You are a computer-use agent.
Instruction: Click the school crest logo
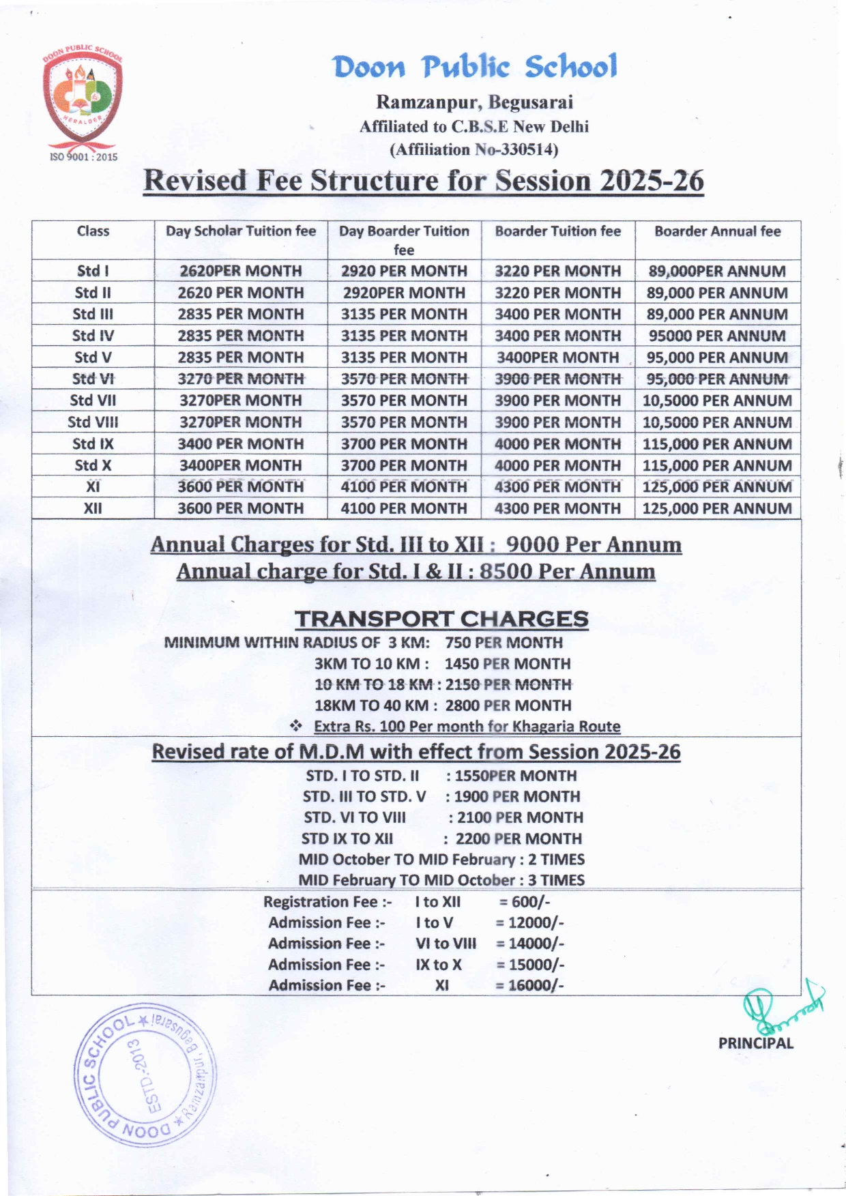[83, 99]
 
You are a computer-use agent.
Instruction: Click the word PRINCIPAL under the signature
[755, 1043]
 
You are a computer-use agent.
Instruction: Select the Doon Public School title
[475, 66]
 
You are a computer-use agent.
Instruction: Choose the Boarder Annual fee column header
[717, 231]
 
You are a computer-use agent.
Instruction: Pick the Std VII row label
[93, 400]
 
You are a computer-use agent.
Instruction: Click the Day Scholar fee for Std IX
[240, 444]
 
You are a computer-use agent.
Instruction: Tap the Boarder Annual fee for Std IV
[717, 336]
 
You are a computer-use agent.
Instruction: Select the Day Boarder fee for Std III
[404, 315]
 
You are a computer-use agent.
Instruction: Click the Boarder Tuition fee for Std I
[557, 271]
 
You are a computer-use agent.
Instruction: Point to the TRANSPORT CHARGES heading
[441, 619]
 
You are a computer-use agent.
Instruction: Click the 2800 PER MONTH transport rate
[508, 705]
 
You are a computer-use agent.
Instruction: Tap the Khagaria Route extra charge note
[467, 727]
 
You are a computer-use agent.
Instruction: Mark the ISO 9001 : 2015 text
[83, 157]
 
